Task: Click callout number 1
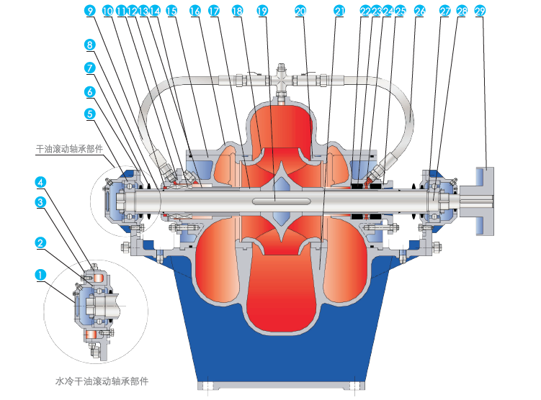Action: (x=41, y=274)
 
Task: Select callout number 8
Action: (x=89, y=45)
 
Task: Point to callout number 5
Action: (x=89, y=113)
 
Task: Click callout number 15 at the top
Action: (x=171, y=11)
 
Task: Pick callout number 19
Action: (x=262, y=11)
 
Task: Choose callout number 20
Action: (x=301, y=11)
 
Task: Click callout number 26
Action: (x=421, y=11)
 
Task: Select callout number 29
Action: (x=480, y=11)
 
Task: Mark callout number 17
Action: (x=214, y=11)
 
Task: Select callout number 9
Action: (x=89, y=11)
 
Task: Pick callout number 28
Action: (x=462, y=11)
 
